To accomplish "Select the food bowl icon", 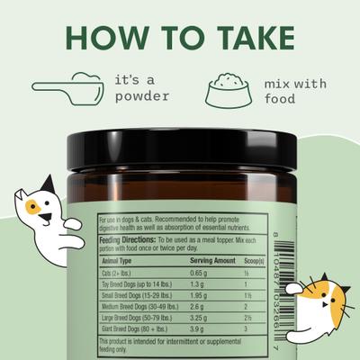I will [x=228, y=87].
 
